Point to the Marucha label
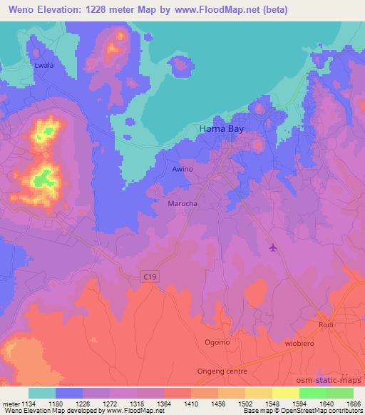[x=182, y=203]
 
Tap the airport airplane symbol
[x=273, y=247]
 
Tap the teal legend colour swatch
[x=42, y=393]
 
